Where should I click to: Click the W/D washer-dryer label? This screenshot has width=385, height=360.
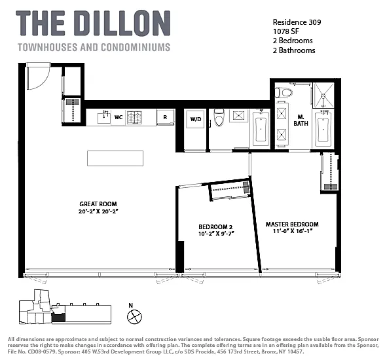pyautogui.click(x=196, y=119)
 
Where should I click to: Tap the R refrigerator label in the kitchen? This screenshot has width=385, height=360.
pyautogui.click(x=165, y=117)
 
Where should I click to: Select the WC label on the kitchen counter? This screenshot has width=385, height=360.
pyautogui.click(x=119, y=117)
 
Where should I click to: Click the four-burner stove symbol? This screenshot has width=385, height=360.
pyautogui.click(x=134, y=118)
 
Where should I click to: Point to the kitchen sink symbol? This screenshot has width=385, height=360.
pyautogui.click(x=104, y=118)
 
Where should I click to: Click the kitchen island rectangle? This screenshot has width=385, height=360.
pyautogui.click(x=115, y=158)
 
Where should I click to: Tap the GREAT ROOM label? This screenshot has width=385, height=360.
pyautogui.click(x=98, y=204)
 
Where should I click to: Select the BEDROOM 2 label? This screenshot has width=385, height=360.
pyautogui.click(x=215, y=227)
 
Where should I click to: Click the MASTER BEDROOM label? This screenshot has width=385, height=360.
pyautogui.click(x=292, y=225)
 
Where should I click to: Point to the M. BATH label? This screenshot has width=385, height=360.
pyautogui.click(x=301, y=120)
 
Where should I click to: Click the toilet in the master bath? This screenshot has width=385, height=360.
pyautogui.click(x=284, y=93)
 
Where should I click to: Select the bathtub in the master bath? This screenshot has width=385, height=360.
pyautogui.click(x=323, y=130)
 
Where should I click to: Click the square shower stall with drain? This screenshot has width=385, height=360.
pyautogui.click(x=324, y=95)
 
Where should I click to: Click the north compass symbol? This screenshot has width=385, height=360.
pyautogui.click(x=134, y=317)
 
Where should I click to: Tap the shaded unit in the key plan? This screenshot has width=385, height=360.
pyautogui.click(x=58, y=317)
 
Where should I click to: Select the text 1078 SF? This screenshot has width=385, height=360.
pyautogui.click(x=285, y=31)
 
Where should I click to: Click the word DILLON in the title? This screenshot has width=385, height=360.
pyautogui.click(x=124, y=24)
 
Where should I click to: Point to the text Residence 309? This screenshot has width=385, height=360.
pyautogui.click(x=297, y=22)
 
